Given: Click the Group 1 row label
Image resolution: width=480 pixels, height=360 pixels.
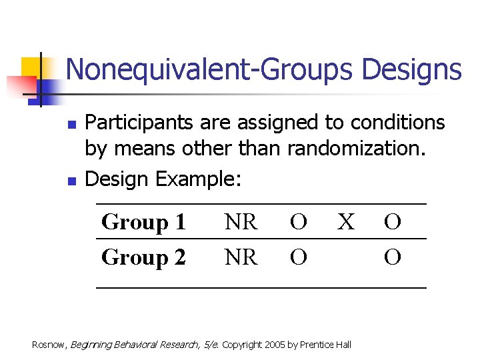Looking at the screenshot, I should point(143,222).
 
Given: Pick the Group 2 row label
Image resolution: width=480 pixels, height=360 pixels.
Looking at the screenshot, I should point(143,257).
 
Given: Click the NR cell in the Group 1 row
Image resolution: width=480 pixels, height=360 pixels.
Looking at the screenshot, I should point(241,222).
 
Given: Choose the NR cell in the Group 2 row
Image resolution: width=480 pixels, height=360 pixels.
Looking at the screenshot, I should point(241,257).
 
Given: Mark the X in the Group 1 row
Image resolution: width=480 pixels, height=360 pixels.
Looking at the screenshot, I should point(345,222).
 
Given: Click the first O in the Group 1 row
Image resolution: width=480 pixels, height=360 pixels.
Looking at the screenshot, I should point(299,222).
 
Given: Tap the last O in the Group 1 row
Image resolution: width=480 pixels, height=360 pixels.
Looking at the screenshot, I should point(393,222).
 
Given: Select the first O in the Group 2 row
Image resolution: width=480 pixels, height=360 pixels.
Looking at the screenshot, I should point(299,257).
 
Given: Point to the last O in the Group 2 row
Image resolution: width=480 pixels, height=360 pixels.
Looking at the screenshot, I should point(393,257).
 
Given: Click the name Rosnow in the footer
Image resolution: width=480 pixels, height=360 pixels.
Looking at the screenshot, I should point(49,345).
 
